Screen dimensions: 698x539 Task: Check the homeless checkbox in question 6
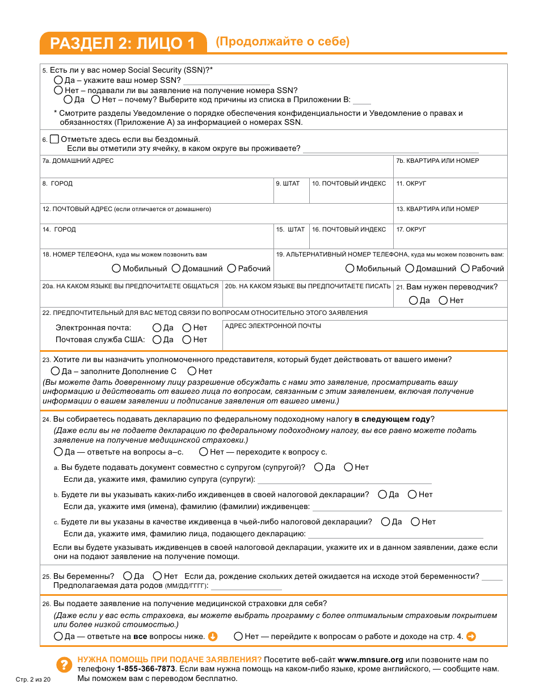click(x=54, y=139)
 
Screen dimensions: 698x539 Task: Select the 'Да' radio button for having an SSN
click(x=58, y=81)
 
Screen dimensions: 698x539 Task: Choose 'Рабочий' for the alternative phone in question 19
click(x=465, y=268)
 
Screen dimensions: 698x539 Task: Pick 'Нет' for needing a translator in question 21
click(x=443, y=300)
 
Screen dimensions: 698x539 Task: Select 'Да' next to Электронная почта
click(x=157, y=327)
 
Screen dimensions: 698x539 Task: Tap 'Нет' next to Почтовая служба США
click(x=187, y=339)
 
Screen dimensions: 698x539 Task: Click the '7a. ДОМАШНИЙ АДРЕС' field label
click(x=78, y=161)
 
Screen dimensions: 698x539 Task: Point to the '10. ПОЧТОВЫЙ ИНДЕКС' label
click(x=349, y=184)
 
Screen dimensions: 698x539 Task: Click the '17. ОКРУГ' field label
click(x=411, y=230)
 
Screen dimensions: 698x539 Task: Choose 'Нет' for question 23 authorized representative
click(x=192, y=371)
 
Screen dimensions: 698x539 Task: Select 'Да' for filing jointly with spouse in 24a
click(x=318, y=467)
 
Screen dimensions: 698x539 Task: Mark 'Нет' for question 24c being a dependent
click(x=415, y=522)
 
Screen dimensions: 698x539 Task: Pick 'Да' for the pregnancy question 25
click(x=128, y=576)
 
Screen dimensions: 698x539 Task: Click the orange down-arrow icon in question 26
click(x=213, y=636)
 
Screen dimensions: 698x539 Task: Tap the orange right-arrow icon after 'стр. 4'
click(x=470, y=636)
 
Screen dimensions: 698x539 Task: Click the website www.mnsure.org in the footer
click(x=370, y=660)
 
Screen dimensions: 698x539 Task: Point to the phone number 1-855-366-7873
click(x=146, y=669)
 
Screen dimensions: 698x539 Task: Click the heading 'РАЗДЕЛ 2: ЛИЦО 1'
click(x=123, y=43)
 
